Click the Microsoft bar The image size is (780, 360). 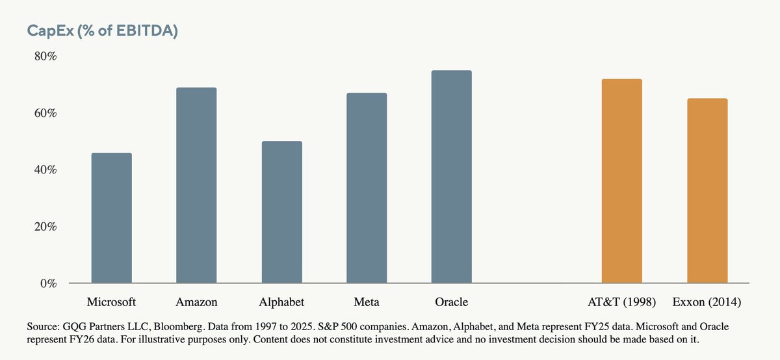111,218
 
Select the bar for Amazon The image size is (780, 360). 196,186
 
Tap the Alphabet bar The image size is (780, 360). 281,212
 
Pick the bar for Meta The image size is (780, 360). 367,188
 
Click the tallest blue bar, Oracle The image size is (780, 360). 452,177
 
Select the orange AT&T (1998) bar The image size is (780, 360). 621,181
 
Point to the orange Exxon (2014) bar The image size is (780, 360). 707,191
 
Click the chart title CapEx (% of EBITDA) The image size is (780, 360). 102,31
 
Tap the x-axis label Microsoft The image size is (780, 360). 111,302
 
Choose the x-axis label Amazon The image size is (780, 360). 196,302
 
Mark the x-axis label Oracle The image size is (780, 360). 452,302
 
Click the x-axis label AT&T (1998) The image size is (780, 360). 621,302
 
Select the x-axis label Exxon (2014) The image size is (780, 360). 707,302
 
